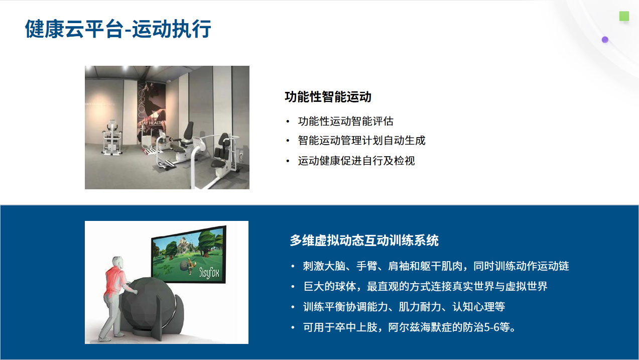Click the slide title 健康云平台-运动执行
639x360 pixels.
click(x=118, y=29)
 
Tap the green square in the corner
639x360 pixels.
click(x=624, y=16)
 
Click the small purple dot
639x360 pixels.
click(x=605, y=40)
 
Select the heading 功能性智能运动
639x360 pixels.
click(x=328, y=97)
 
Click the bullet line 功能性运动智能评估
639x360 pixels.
click(x=346, y=121)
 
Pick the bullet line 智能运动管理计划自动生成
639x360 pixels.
click(x=362, y=141)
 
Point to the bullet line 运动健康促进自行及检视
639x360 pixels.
click(x=356, y=161)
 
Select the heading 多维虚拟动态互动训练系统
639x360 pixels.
click(x=364, y=240)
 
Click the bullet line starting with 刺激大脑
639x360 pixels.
click(x=436, y=266)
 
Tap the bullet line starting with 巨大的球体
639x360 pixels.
click(x=425, y=286)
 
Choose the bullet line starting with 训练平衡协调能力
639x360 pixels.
click(x=404, y=307)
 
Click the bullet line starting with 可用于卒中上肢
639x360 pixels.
click(x=410, y=327)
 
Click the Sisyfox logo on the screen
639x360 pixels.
click(x=209, y=273)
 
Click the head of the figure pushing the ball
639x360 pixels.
click(x=118, y=263)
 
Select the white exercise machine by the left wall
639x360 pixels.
click(x=112, y=138)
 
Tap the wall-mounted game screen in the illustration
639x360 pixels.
click(x=189, y=255)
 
